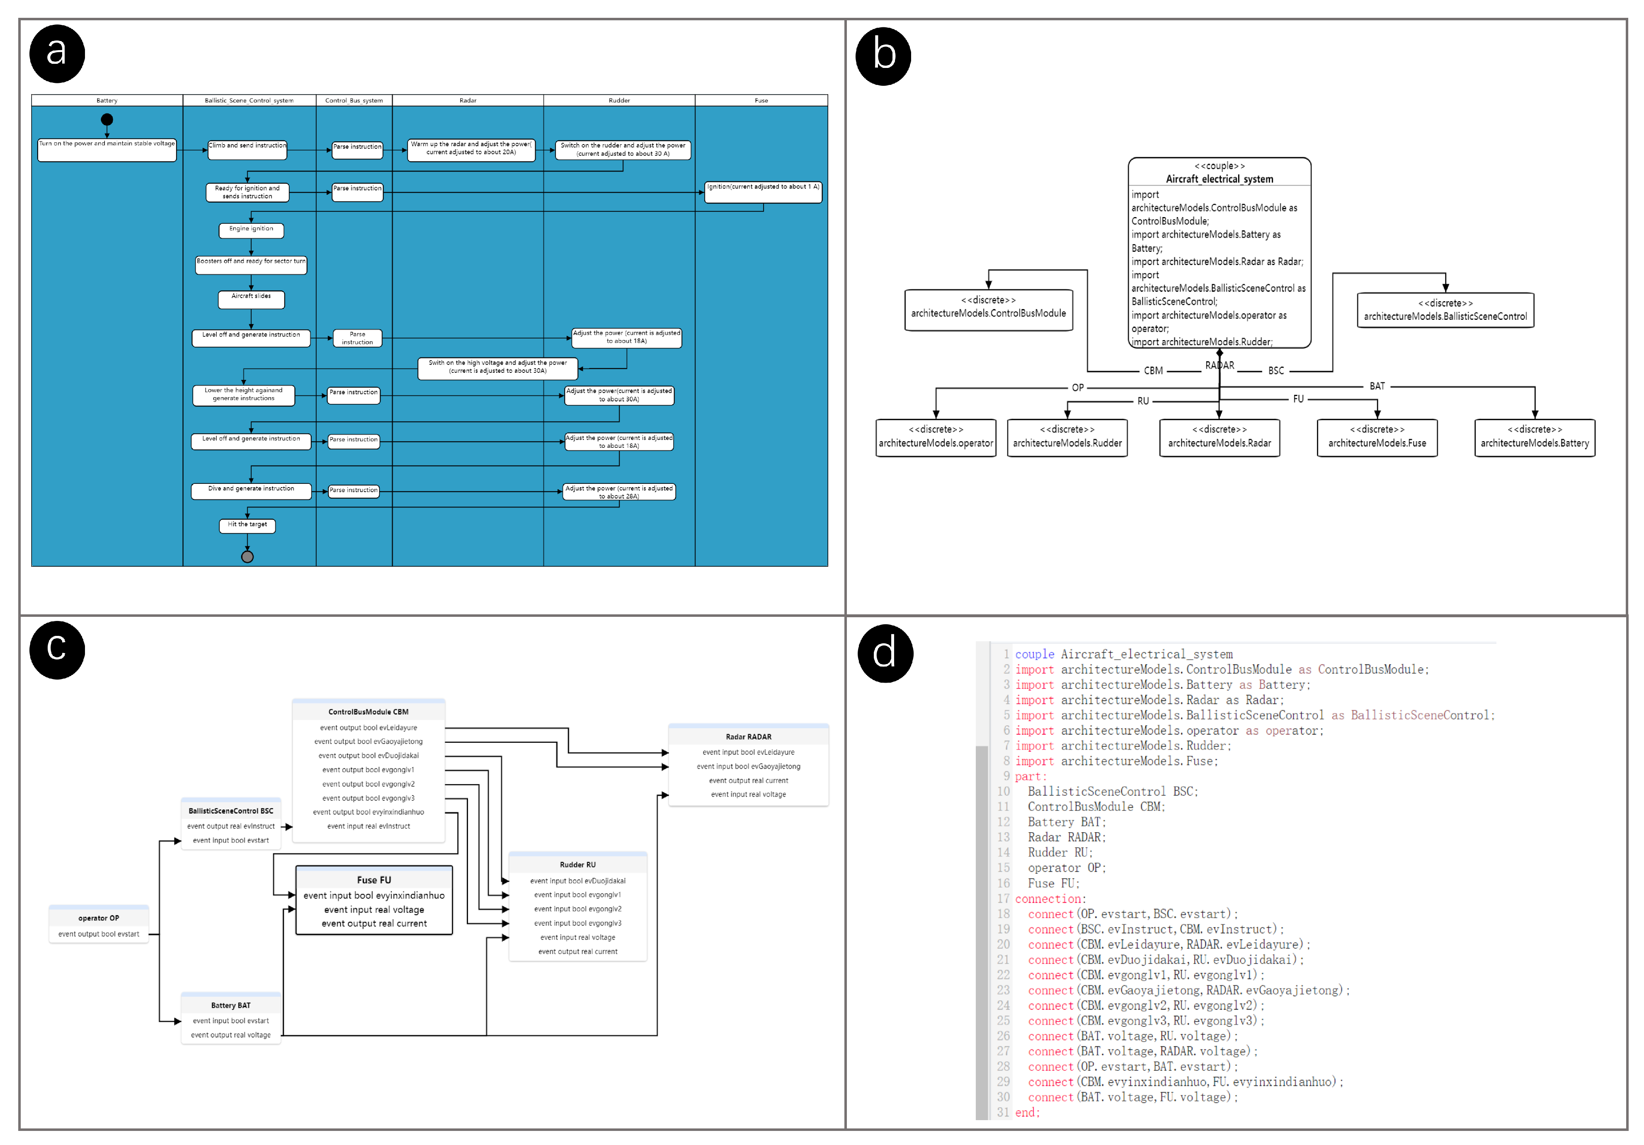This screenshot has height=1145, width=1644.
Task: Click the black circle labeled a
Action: click(56, 54)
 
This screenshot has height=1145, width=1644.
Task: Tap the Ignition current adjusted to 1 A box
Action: click(763, 191)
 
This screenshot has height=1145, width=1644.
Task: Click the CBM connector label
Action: click(1153, 371)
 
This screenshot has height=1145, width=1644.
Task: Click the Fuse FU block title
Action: click(374, 879)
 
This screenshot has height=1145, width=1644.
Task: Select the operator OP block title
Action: click(99, 918)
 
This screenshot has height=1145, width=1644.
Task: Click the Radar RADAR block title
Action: click(748, 737)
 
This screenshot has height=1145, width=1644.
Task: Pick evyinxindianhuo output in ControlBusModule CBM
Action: click(368, 812)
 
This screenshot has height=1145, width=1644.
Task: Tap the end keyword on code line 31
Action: click(1026, 1112)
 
